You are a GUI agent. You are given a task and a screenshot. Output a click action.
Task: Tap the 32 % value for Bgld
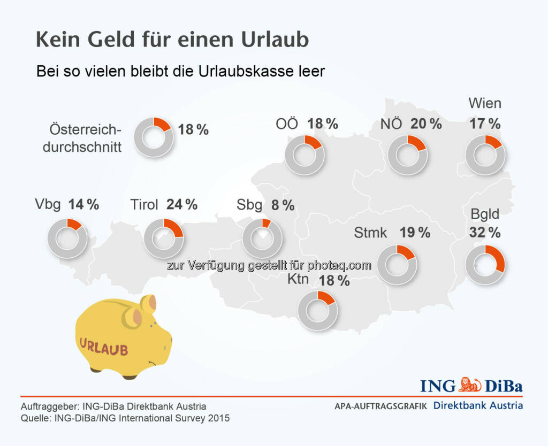tap(484, 233)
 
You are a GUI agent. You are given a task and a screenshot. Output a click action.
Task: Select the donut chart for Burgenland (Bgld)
tap(485, 264)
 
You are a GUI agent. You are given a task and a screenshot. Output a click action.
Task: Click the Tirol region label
tap(144, 205)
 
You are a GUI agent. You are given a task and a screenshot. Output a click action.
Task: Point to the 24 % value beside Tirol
tap(182, 204)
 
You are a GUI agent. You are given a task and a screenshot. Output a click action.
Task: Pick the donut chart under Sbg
tap(262, 238)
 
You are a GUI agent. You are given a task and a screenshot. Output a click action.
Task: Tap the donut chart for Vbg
tap(67, 237)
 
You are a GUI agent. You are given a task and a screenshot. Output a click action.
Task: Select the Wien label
tap(485, 103)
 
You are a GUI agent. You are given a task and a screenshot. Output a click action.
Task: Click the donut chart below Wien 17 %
tap(485, 155)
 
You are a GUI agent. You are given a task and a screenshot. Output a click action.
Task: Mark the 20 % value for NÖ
tap(426, 124)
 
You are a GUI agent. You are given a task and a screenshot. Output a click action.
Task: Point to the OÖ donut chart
tap(305, 155)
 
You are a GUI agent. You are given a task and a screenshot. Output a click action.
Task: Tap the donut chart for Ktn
tap(318, 310)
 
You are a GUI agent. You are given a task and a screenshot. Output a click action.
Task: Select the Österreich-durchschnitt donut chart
tap(154, 136)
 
